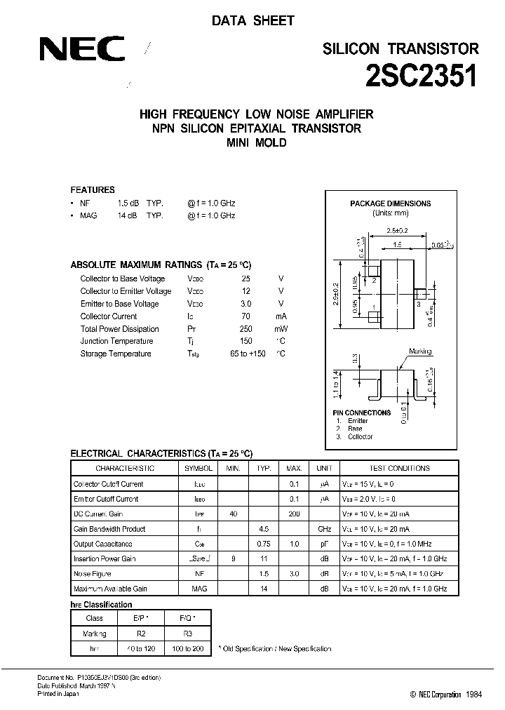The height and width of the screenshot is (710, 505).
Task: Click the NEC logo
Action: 81,50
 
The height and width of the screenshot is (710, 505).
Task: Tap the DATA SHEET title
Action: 252,21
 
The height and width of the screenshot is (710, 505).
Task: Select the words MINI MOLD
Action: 257,143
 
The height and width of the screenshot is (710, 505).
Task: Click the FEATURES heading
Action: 93,190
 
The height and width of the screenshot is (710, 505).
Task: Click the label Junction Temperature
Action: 117,342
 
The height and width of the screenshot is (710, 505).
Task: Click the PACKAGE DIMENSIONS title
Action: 391,204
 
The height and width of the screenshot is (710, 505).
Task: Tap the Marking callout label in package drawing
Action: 420,351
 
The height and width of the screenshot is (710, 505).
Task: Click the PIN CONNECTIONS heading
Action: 362,413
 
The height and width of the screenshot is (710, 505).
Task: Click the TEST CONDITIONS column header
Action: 399,468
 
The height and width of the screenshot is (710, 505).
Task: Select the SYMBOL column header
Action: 198,468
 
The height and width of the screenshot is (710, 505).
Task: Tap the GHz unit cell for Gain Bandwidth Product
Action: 324,529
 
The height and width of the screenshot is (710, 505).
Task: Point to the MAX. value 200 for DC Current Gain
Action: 294,514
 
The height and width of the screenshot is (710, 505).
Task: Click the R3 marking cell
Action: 187,634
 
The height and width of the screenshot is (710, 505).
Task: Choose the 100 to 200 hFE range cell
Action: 187,649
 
